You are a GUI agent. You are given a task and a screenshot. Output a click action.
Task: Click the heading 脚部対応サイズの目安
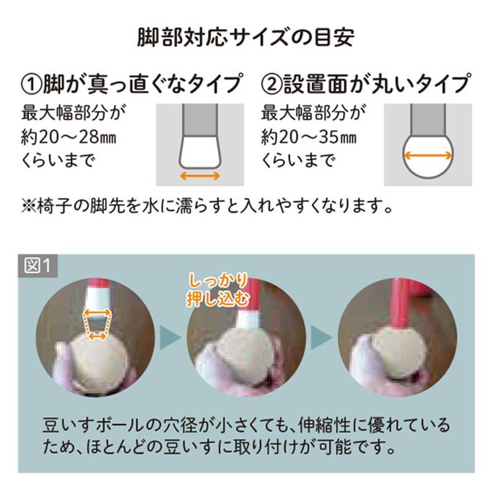(x=245, y=38)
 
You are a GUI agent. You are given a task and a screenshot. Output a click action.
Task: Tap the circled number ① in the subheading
(x=31, y=84)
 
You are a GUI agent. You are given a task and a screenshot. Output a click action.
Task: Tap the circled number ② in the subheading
(x=271, y=84)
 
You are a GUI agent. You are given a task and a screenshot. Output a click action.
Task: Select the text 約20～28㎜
(x=69, y=137)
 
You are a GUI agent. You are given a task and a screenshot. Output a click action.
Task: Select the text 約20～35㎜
(x=309, y=137)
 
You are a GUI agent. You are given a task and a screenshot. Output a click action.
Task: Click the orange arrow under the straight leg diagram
(x=200, y=175)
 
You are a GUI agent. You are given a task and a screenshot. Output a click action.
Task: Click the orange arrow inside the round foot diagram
(x=427, y=155)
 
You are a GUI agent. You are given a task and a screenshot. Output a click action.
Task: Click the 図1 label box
(x=38, y=266)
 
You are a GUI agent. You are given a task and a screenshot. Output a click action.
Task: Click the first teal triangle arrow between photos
(x=170, y=337)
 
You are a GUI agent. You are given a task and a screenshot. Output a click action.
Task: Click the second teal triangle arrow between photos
(x=321, y=337)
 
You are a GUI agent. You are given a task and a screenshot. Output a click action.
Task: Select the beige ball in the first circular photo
(x=97, y=361)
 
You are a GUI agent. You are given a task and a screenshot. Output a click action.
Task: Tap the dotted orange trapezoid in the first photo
(x=97, y=325)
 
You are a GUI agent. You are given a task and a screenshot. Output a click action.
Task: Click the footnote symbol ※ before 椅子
(x=29, y=207)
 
